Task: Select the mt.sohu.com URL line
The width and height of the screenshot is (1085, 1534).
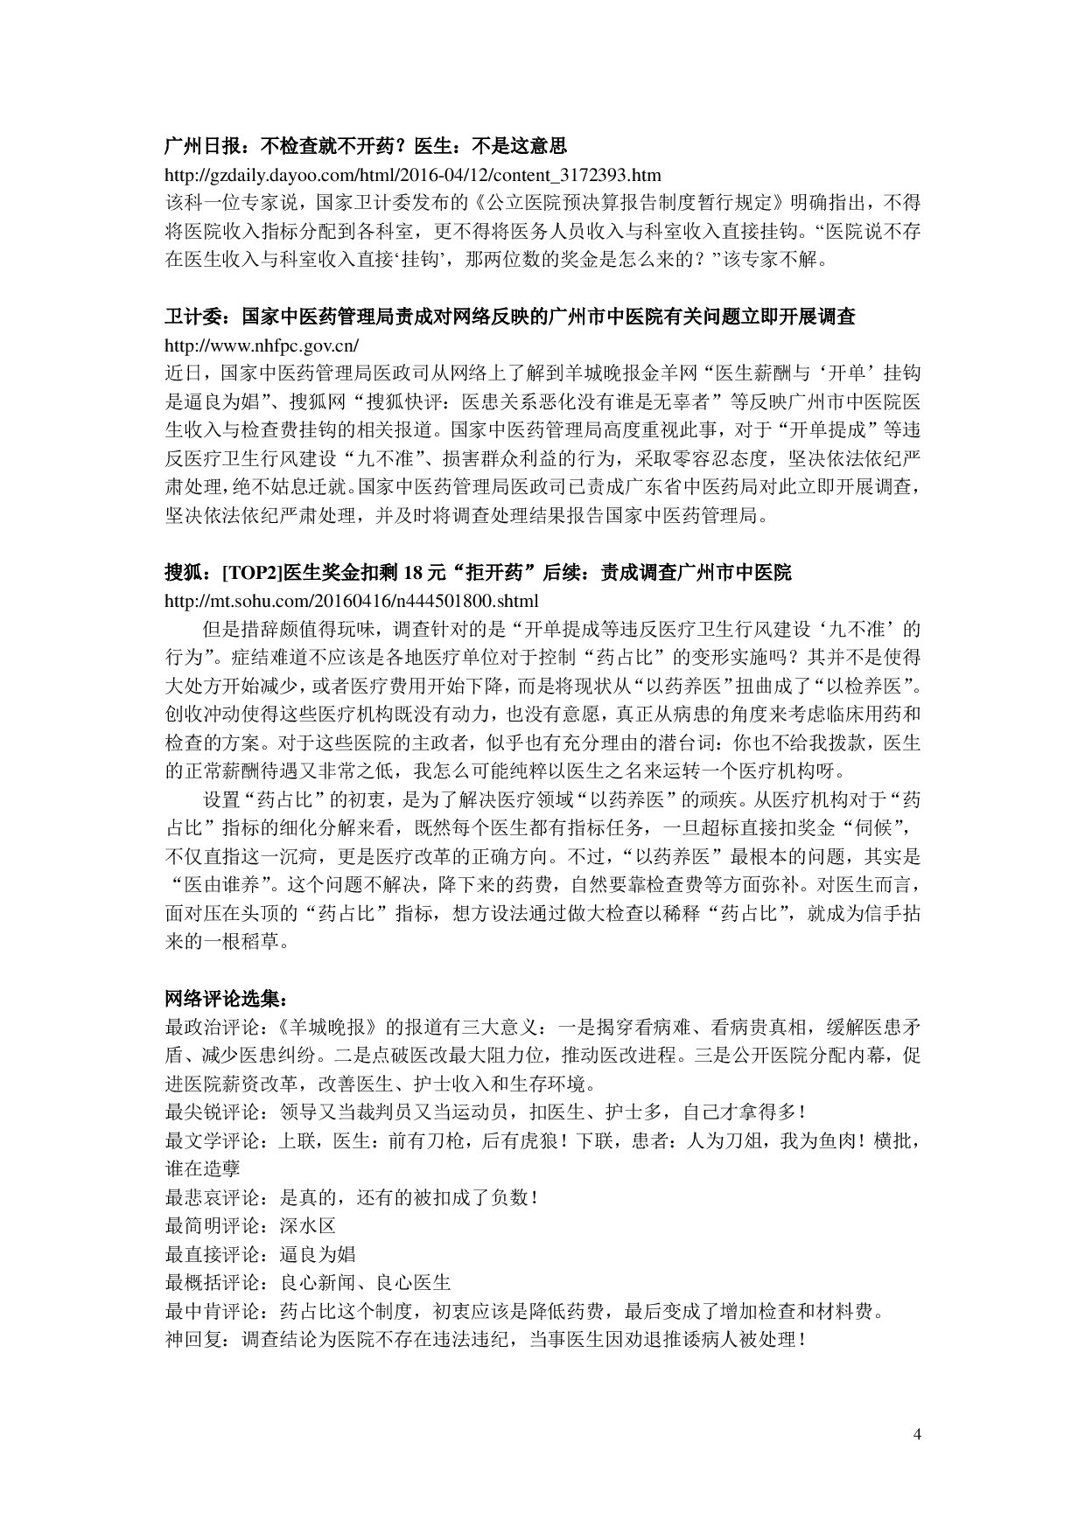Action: tap(352, 601)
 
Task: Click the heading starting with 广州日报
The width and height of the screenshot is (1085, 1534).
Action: tap(367, 144)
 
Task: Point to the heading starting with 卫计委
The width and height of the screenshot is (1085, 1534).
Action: tap(510, 316)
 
